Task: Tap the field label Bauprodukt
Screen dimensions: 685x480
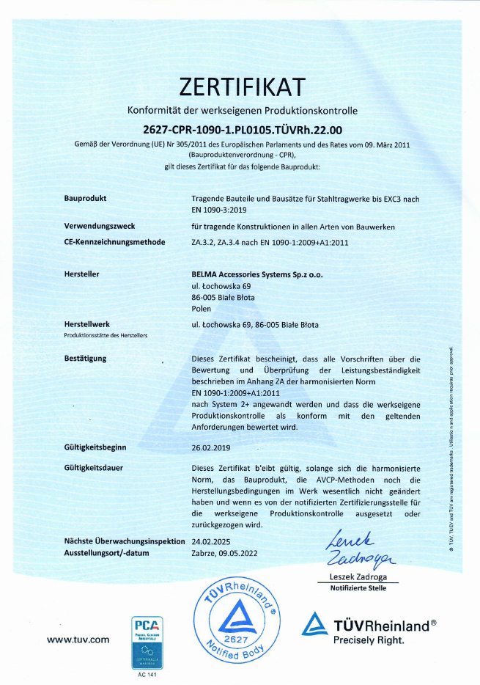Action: point(86,199)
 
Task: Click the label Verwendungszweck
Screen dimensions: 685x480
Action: point(99,227)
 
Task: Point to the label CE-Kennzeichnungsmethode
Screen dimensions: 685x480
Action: point(114,241)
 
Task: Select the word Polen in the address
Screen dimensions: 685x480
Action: point(200,309)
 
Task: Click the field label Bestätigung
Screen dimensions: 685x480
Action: point(86,359)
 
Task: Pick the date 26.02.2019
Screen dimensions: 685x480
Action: point(210,447)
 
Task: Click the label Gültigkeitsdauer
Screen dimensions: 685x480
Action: point(94,467)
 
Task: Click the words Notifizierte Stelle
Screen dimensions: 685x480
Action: point(358,587)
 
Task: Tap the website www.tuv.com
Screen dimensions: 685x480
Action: point(78,640)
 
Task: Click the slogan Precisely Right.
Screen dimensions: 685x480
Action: point(369,640)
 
